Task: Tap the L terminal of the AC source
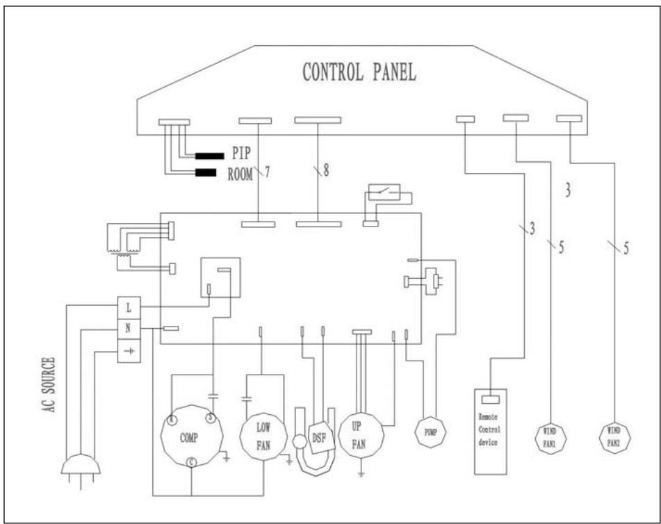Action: click(x=128, y=306)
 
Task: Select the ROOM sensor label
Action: click(x=240, y=173)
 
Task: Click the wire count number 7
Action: click(x=268, y=170)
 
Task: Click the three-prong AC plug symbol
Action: click(x=81, y=467)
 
